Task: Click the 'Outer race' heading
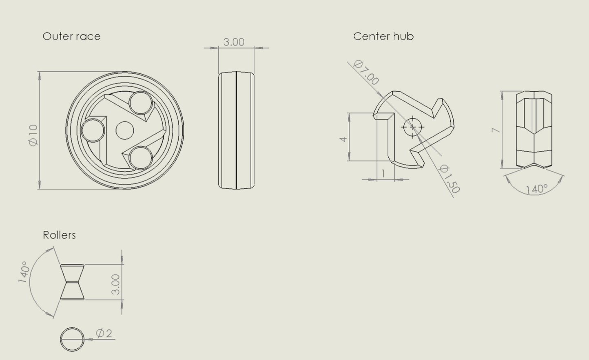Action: [x=71, y=36]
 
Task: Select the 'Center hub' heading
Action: [x=383, y=36]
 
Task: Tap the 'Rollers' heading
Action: [x=59, y=235]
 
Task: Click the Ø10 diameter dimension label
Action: [x=33, y=135]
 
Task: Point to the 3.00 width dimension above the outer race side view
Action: [x=234, y=42]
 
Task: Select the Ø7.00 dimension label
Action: [x=366, y=73]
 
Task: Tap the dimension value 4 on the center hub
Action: [x=343, y=139]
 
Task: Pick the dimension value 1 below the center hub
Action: [x=383, y=173]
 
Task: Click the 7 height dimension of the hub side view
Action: [x=496, y=130]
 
